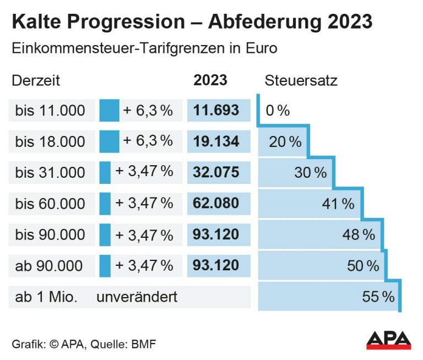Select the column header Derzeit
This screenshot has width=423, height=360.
point(36,80)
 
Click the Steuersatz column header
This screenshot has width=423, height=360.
point(301,80)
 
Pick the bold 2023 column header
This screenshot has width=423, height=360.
point(210,80)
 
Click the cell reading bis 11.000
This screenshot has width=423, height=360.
point(50,111)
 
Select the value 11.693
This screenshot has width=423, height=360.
point(216,110)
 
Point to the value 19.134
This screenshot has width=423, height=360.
point(216,141)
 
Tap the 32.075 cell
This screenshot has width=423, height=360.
point(216,172)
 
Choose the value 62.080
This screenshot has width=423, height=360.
point(216,204)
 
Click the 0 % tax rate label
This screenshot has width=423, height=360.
point(278,111)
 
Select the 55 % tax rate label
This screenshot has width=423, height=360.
point(378,297)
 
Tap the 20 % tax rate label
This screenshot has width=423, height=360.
point(285,142)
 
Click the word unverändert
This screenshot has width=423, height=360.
point(137,297)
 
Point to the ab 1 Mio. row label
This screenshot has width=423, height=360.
point(46,297)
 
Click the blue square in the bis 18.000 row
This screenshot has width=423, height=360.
point(109,141)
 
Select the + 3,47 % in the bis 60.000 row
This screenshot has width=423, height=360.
point(144,204)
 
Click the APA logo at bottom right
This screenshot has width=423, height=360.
point(388,339)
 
